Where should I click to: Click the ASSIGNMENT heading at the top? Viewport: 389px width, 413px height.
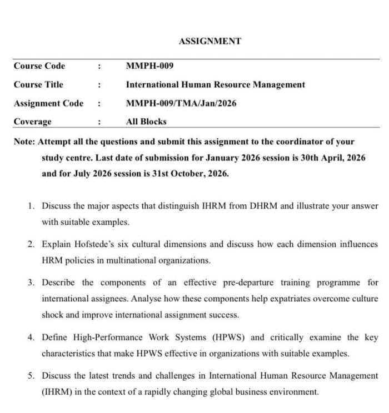[210, 41]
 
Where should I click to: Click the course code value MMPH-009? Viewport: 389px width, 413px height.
[150, 66]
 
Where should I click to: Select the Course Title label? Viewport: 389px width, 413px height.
[38, 84]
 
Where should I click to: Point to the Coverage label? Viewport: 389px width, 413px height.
[32, 122]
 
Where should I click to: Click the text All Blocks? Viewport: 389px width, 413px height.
[146, 122]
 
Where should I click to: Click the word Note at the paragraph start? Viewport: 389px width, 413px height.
[24, 142]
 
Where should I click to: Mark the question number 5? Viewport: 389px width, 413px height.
[31, 375]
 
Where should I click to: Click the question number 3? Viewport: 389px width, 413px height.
[31, 282]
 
